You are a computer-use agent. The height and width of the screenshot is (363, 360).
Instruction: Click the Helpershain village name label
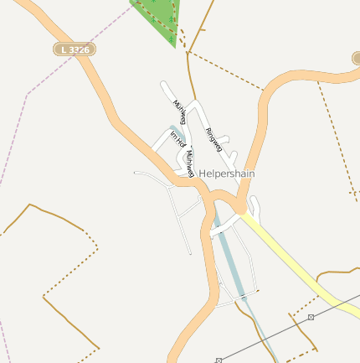click(x=227, y=174)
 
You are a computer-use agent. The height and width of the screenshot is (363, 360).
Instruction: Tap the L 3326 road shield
click(x=74, y=50)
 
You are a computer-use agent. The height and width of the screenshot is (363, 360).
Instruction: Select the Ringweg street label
click(x=214, y=138)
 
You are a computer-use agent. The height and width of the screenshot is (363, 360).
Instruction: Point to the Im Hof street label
click(x=177, y=139)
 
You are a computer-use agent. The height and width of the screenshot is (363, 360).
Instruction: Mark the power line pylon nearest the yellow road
click(x=311, y=317)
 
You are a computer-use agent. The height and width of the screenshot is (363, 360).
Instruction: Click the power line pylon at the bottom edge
click(x=219, y=360)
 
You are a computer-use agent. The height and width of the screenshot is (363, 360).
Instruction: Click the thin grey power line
click(x=268, y=336)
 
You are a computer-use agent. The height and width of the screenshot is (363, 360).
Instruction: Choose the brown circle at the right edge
click(x=357, y=58)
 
